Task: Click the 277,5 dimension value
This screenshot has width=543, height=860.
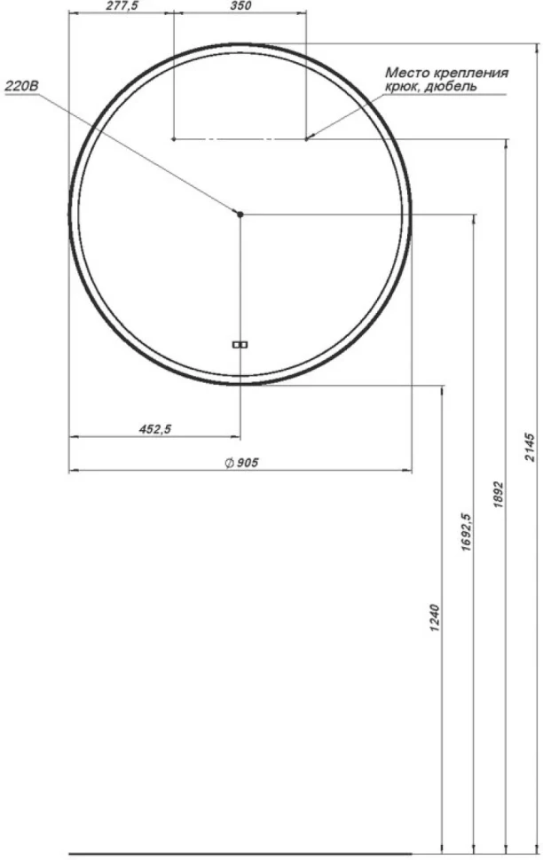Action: click(121, 6)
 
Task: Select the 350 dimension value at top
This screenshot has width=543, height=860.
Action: click(240, 6)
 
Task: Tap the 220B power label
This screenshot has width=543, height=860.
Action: click(21, 87)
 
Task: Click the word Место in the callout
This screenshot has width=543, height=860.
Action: click(403, 73)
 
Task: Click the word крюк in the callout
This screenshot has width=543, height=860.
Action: click(404, 87)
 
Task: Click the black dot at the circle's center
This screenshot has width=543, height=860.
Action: click(240, 214)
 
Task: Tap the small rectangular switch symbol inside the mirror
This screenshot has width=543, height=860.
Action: click(240, 344)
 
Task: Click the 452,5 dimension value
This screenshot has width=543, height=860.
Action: click(155, 429)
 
